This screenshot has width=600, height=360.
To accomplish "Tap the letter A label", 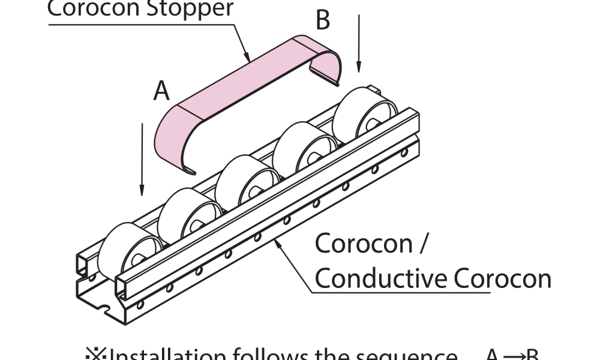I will tap(161, 91).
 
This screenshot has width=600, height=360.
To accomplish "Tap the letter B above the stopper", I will tap(322, 20).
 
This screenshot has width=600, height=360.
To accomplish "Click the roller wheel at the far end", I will tap(362, 117).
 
